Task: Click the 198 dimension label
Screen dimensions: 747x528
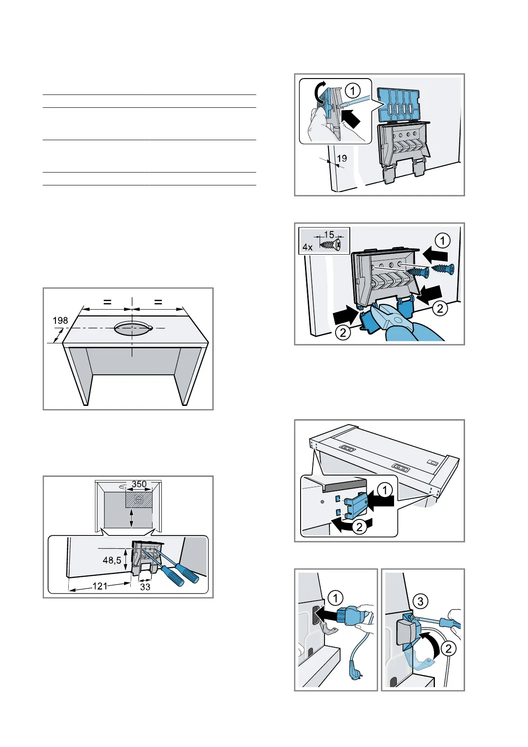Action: [60, 320]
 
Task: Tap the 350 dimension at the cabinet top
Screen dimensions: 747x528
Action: [139, 484]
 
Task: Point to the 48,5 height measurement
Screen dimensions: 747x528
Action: [112, 560]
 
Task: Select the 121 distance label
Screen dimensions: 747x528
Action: [100, 586]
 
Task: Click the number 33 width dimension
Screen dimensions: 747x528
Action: [145, 587]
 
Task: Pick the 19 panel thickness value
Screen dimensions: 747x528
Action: [342, 158]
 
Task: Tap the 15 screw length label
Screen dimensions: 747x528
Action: [329, 235]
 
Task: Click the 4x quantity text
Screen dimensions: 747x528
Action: [308, 247]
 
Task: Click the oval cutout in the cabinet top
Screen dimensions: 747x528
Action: [132, 329]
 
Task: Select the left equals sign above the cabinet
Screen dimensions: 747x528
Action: [107, 302]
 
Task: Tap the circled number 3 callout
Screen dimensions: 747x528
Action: [420, 602]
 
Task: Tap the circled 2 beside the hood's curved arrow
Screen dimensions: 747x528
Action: [359, 527]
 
